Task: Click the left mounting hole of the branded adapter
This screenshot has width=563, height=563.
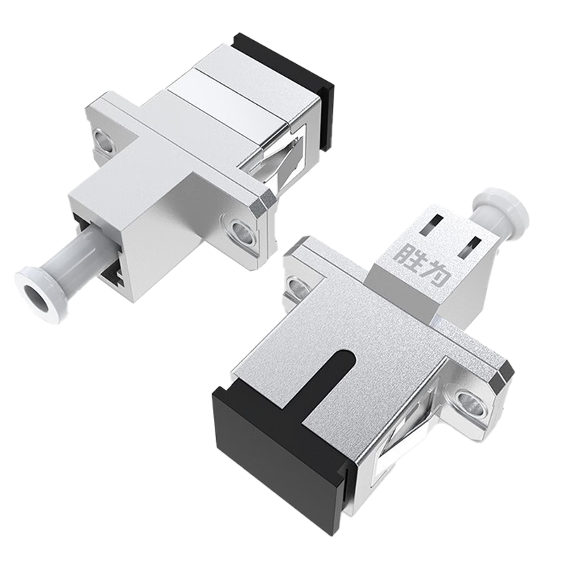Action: [295, 283]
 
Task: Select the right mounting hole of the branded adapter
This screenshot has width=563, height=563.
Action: [465, 404]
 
